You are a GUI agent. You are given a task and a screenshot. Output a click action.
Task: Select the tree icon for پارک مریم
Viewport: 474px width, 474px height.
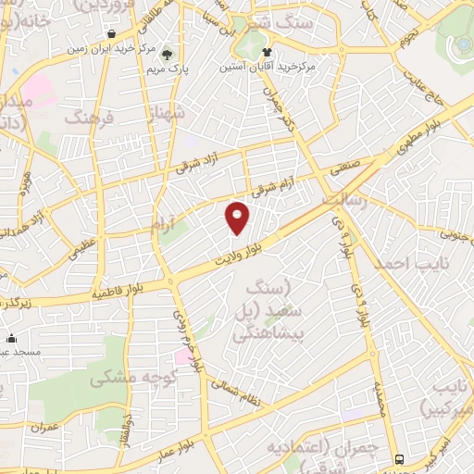pyautogui.click(x=168, y=53)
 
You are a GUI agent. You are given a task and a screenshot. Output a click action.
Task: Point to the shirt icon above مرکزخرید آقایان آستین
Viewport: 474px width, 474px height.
pyautogui.click(x=267, y=52)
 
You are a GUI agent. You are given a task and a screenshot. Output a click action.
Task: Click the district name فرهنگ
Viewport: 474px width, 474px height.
pyautogui.click(x=88, y=117)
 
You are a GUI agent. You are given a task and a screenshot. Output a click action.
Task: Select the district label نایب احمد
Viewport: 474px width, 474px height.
pyautogui.click(x=404, y=263)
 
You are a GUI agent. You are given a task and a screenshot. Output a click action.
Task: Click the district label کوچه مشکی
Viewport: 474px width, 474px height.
pyautogui.click(x=127, y=378)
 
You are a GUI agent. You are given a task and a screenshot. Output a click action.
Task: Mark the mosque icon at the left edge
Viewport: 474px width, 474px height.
pyautogui.click(x=10, y=338)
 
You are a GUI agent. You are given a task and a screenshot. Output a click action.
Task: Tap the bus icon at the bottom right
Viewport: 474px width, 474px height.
pyautogui.click(x=399, y=459)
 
